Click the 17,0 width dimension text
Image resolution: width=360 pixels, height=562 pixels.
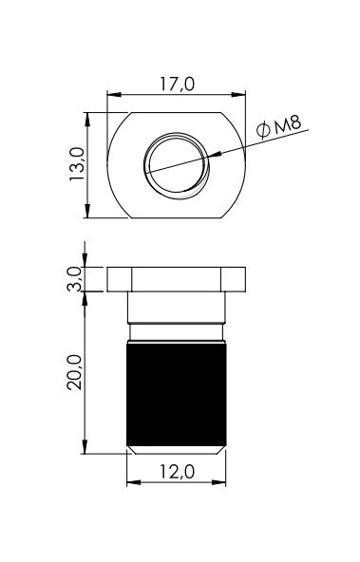(x=177, y=84)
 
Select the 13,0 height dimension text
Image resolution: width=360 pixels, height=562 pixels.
(x=77, y=164)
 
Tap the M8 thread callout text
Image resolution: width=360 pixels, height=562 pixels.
(x=287, y=124)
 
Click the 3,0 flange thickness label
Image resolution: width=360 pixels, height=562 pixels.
(x=75, y=279)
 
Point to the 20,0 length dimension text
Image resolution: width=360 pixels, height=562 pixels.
(x=75, y=372)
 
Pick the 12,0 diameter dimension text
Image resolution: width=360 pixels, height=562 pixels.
(x=177, y=471)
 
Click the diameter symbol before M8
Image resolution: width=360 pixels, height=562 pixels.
(x=263, y=129)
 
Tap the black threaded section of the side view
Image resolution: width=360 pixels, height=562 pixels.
(x=177, y=394)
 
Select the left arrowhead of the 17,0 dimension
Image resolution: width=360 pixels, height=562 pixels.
(x=114, y=95)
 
